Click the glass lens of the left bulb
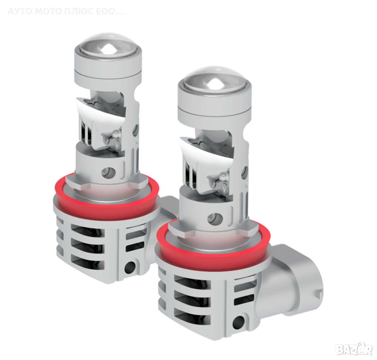[107, 47]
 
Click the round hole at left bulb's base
[130, 266]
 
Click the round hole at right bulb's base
[239, 320]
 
